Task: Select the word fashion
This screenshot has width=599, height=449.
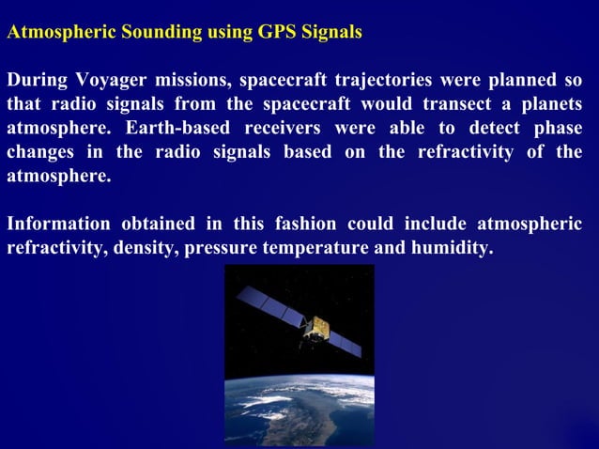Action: (x=307, y=224)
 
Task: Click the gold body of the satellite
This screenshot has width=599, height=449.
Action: (x=319, y=328)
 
